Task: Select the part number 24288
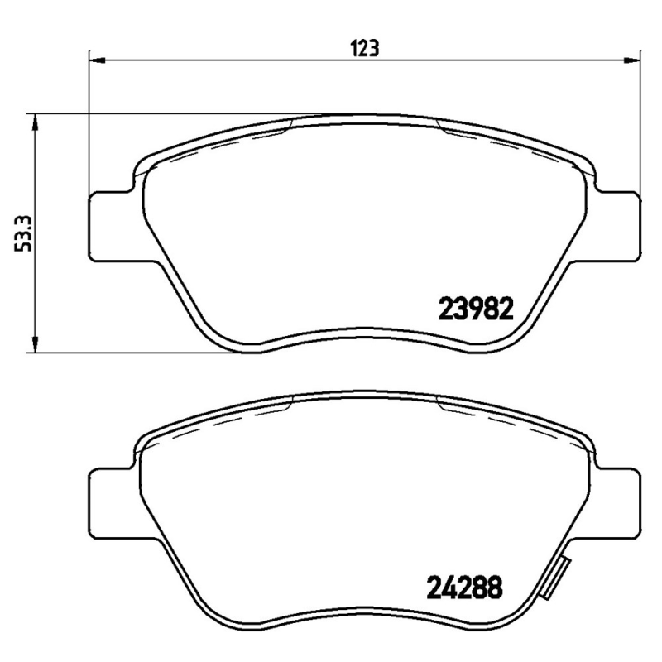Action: coord(465,588)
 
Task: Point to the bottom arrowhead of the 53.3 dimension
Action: coord(35,344)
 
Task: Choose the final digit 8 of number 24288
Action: coord(494,588)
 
